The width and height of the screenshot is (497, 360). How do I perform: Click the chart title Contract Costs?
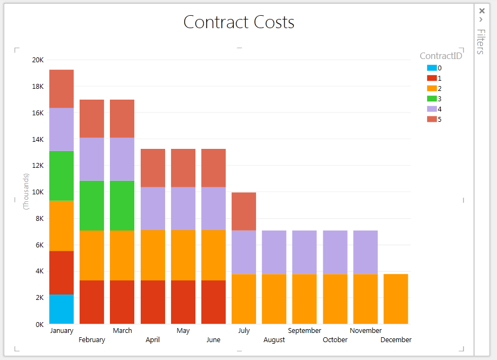pos(239,22)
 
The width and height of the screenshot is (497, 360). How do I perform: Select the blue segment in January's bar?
pos(61,309)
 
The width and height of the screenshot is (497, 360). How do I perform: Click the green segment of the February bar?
pos(91,205)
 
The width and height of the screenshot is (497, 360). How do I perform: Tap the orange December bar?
pos(396,299)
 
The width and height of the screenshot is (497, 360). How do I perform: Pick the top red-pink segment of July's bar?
pos(244,211)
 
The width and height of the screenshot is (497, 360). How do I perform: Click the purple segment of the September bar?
pos(304,252)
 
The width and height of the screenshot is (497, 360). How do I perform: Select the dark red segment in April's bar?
pos(153,302)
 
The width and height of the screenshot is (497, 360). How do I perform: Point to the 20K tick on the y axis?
pos(38,60)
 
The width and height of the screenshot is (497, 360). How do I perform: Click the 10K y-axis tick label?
pos(38,192)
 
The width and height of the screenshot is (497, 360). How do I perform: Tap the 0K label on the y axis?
pos(39,324)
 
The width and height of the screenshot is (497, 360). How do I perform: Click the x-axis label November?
pos(365,330)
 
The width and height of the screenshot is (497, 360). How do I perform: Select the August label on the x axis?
pos(274,340)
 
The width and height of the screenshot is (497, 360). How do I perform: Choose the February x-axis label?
pos(91,340)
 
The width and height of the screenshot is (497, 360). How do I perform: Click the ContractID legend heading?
pos(441,56)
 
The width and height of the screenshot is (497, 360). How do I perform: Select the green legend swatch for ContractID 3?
pos(431,99)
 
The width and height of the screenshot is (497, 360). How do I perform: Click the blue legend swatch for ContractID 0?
pos(431,68)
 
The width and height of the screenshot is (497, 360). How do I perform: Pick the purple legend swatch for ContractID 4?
pos(431,109)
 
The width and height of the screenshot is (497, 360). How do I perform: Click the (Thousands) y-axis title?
pos(25,192)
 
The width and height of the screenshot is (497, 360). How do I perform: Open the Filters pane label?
pos(481,42)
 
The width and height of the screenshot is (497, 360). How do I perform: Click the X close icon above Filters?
pos(481,10)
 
